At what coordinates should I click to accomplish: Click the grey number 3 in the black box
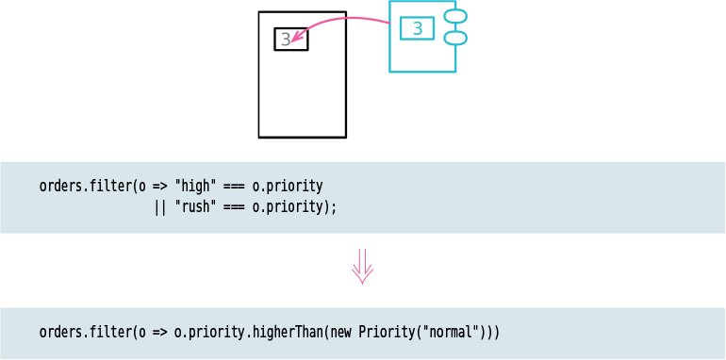click(286, 40)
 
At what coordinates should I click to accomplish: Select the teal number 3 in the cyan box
click(417, 28)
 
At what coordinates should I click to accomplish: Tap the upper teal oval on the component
click(455, 16)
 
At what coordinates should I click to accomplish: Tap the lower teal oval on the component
click(455, 38)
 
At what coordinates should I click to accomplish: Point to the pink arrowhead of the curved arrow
click(296, 40)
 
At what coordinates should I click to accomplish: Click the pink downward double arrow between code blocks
click(363, 266)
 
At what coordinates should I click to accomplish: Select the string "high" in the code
click(195, 186)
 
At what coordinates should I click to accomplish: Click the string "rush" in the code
click(195, 206)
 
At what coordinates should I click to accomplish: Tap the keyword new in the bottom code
click(340, 333)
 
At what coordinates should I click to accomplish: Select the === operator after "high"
click(235, 186)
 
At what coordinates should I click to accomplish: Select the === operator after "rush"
click(235, 206)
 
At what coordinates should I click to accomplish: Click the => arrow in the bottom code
click(160, 333)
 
